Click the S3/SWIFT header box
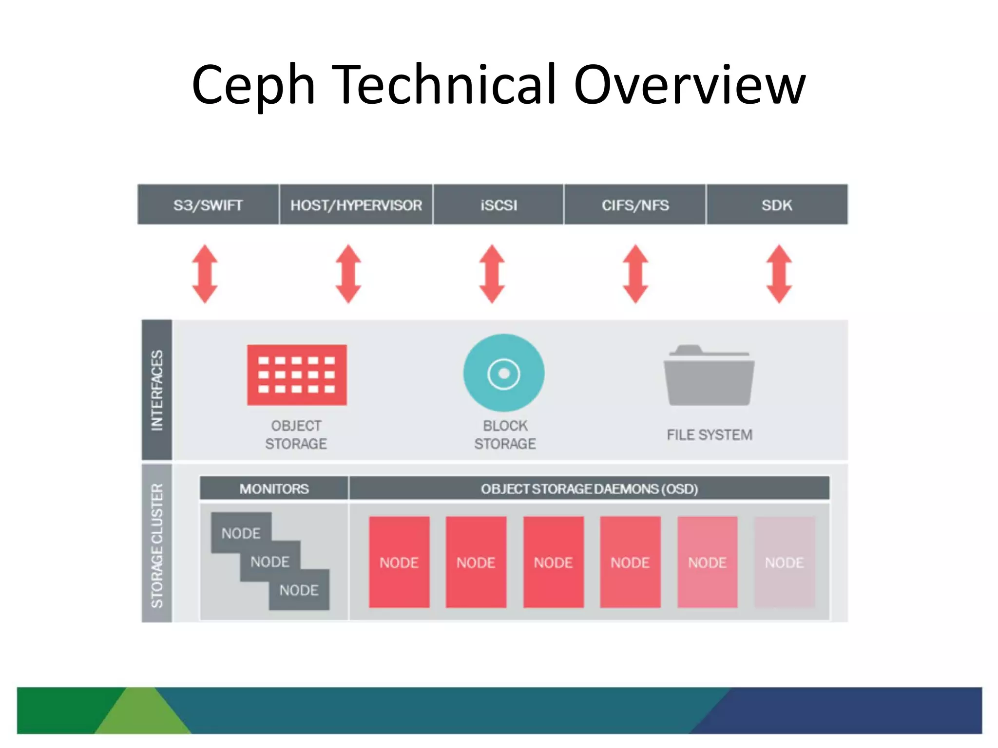pos(208,205)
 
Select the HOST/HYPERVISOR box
pos(356,205)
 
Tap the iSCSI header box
pos(499,205)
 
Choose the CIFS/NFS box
pos(635,205)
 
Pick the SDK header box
pos(777,205)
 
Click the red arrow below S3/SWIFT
pos(205,274)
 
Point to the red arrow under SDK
pos(779,274)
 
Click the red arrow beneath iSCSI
pos(492,274)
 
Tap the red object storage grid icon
pos(297,374)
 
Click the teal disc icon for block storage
pos(504,373)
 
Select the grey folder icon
pos(709,376)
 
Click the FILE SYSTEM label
pos(709,434)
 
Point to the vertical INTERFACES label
pos(157,390)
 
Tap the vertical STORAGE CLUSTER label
pos(157,544)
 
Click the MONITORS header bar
pos(274,488)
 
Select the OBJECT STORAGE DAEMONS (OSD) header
pos(589,488)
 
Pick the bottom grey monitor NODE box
pos(299,590)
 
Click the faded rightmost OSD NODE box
pos(784,562)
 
